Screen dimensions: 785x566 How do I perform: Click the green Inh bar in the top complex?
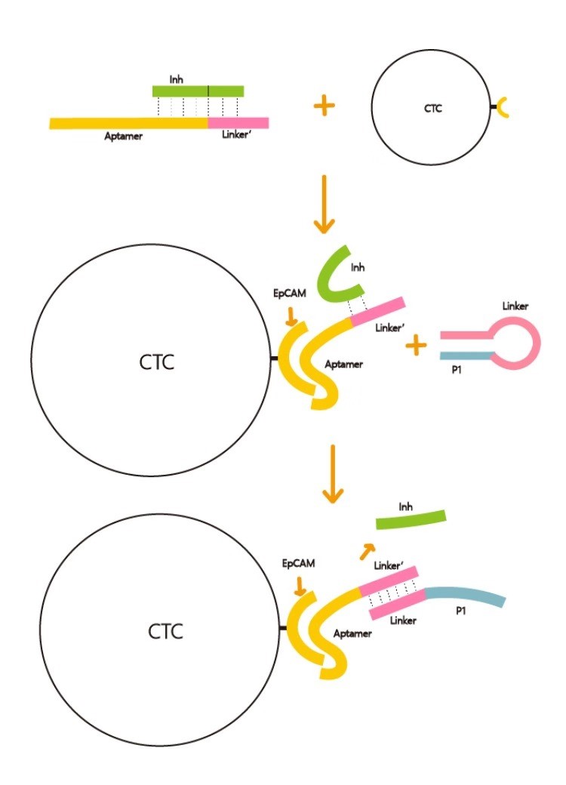click(198, 91)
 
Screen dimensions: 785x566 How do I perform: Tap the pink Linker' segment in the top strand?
click(238, 122)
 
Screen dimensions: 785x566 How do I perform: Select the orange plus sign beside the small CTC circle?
click(324, 106)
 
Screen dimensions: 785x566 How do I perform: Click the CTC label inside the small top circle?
click(433, 108)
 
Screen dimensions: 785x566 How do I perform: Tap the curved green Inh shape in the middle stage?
click(340, 271)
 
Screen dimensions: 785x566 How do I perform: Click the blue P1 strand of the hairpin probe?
click(466, 356)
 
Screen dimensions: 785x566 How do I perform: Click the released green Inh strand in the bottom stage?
click(411, 519)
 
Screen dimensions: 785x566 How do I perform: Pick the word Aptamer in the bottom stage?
click(352, 634)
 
